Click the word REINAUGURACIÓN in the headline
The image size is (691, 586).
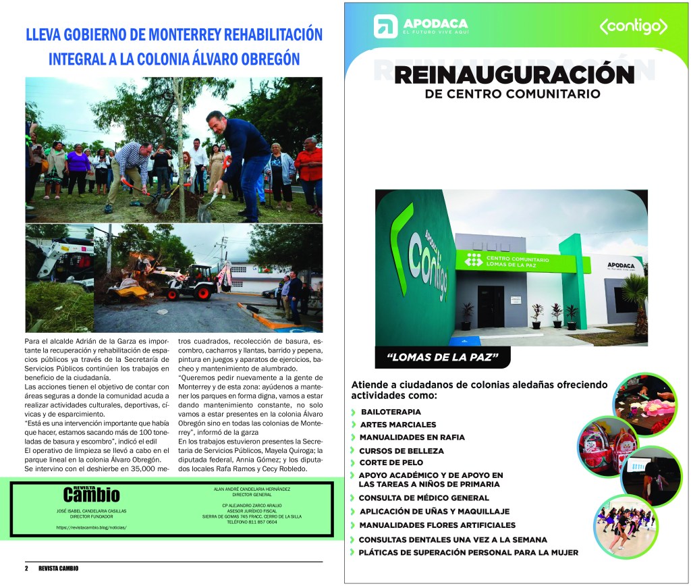click(514, 74)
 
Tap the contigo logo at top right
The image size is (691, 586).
click(633, 26)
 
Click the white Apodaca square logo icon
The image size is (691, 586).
click(385, 26)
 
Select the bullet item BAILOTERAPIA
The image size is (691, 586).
click(391, 411)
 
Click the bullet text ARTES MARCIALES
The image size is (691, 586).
click(397, 425)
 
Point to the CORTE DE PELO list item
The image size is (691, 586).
click(391, 462)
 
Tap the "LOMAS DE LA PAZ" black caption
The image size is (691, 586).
click(442, 358)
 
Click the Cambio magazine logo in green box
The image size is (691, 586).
click(91, 494)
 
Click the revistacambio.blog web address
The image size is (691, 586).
click(91, 527)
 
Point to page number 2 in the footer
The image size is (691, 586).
click(27, 568)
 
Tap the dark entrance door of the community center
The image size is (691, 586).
click(491, 306)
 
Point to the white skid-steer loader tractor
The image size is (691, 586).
click(190, 279)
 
